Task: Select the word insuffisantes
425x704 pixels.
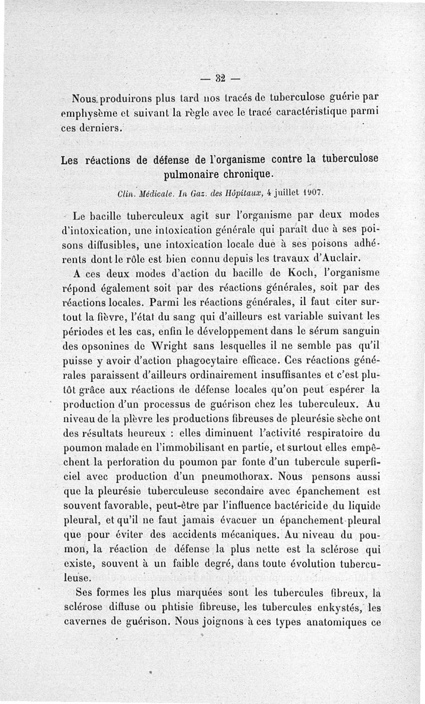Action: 282,373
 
